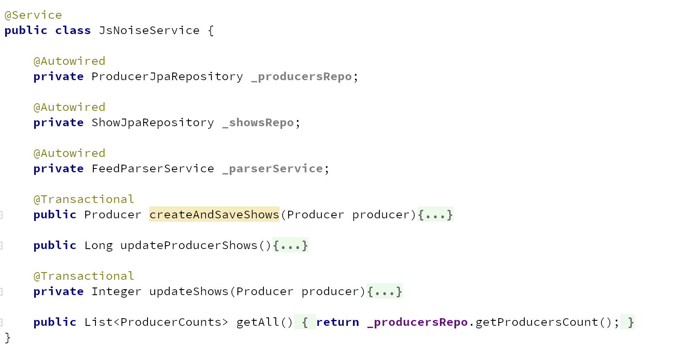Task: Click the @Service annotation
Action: pos(33,15)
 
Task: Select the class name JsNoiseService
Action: pos(149,31)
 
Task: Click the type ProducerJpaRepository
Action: pos(167,77)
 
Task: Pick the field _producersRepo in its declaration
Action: pos(301,77)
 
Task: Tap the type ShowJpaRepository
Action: pos(153,123)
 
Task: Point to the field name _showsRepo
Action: pos(258,123)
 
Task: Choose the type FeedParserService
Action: pos(153,169)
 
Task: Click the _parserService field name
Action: pos(272,169)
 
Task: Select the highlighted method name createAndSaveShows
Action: pos(214,215)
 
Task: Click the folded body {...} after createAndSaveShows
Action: pos(435,215)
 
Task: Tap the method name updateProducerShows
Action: pos(189,246)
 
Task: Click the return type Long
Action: pos(98,246)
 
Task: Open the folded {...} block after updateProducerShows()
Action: pos(290,246)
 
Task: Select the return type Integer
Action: pos(116,292)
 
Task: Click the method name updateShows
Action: pos(189,292)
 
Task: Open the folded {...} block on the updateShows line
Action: pos(384,292)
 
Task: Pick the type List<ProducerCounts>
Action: pos(156,322)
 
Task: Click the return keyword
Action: pos(338,322)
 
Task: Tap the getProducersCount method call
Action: pos(537,322)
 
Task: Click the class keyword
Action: pos(73,31)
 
